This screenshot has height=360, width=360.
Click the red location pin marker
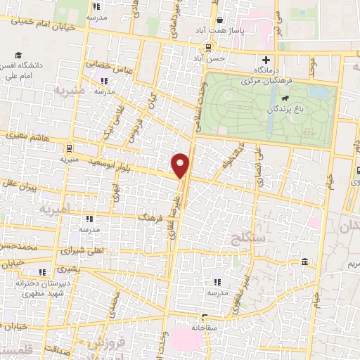coord(181,165)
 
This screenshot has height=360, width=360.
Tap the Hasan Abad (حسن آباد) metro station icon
coord(208,47)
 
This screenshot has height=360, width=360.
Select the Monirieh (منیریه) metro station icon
coord(68,148)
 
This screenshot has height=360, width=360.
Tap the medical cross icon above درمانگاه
coord(265,60)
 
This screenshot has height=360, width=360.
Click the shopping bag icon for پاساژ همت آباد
coord(221,20)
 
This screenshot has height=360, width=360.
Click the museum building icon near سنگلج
coord(304,262)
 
